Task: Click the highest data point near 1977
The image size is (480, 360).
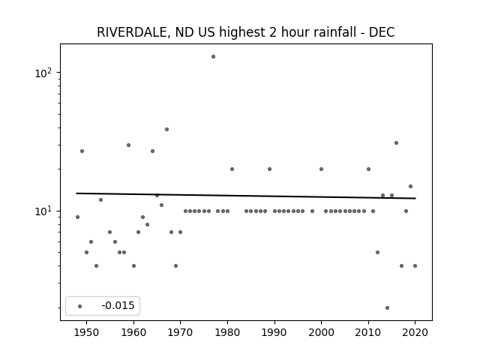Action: [x=213, y=57]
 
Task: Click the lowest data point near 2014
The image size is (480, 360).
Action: [x=387, y=308]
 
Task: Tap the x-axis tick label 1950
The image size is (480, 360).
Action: [x=87, y=332]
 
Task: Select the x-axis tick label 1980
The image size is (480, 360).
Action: [x=227, y=332]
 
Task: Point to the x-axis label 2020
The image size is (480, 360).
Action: [x=415, y=332]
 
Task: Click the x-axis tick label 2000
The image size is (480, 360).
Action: [x=321, y=332]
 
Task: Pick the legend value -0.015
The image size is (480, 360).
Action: [x=118, y=305]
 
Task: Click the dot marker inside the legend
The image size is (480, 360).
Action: [x=80, y=307]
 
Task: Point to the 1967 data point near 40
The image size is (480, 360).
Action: [x=166, y=130]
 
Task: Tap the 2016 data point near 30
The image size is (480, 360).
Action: [x=397, y=143]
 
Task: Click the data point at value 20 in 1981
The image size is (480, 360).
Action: [x=232, y=169]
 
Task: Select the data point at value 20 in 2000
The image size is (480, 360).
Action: [x=322, y=169]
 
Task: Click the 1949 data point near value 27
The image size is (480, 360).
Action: [x=82, y=151]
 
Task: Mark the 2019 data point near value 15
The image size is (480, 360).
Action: [x=410, y=187]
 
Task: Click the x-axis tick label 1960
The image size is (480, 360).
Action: [x=133, y=332]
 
